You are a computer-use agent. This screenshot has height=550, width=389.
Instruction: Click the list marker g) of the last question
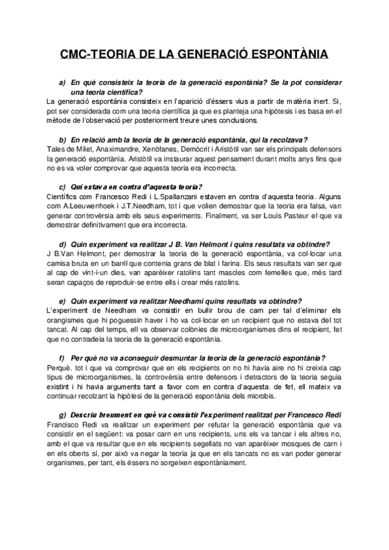coord(62,414)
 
